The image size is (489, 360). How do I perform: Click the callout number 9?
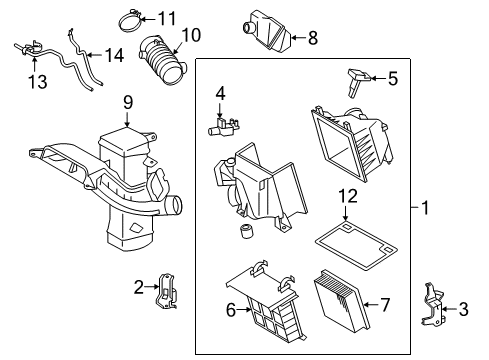[127, 101]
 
